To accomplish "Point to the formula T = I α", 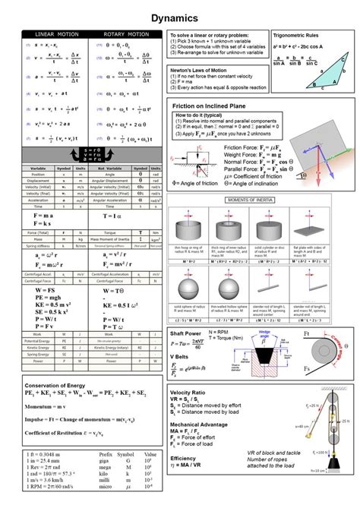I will click(114, 216).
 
